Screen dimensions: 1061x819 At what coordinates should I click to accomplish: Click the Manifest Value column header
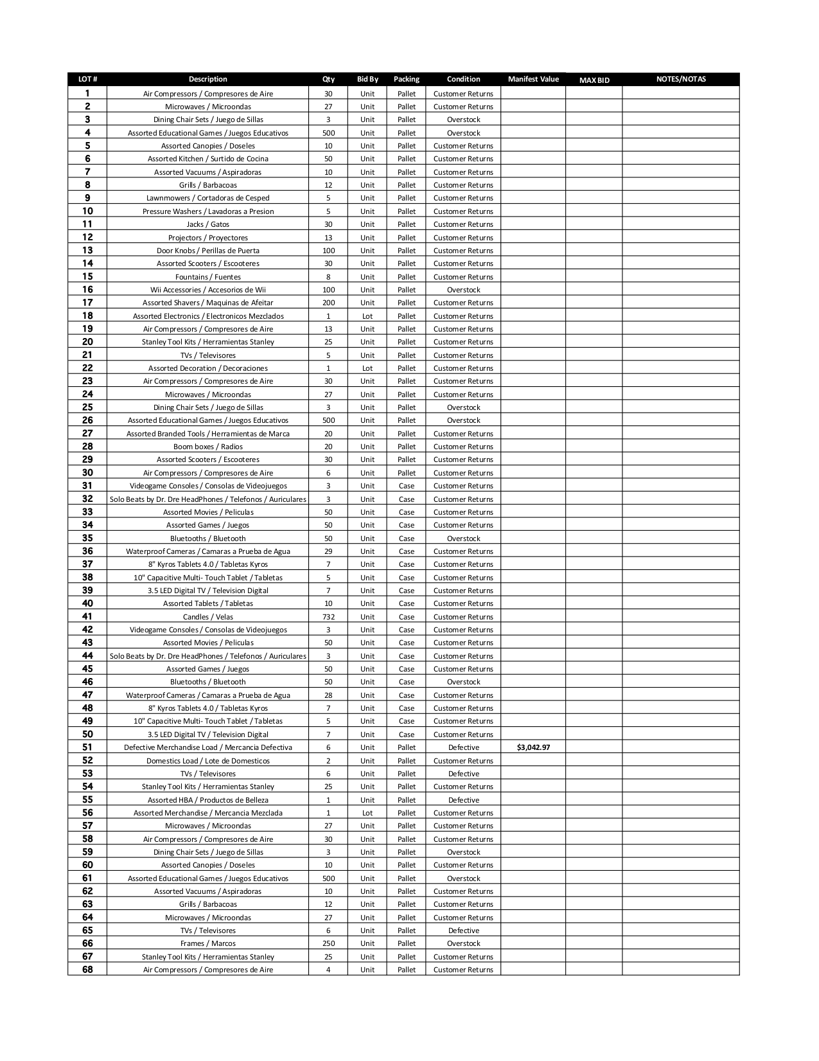pos(533,79)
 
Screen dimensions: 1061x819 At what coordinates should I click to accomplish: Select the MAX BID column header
pos(594,80)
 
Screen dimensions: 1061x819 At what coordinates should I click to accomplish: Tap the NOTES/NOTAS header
pos(681,79)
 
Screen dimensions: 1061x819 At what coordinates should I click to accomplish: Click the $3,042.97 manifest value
pos(533,747)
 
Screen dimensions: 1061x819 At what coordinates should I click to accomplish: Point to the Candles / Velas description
pos(207,617)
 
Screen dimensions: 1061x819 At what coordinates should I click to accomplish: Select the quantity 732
pos(328,617)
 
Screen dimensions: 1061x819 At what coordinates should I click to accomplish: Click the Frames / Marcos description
pos(207,943)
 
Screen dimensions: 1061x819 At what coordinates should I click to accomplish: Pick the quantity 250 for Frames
pos(328,943)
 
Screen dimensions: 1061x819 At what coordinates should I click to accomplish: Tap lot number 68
pos(87,970)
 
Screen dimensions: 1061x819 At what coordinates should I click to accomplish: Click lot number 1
pos(87,93)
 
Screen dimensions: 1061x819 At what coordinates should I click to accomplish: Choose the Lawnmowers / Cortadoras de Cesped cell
pos(207,198)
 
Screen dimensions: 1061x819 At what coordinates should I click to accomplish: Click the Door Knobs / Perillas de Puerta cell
pos(207,251)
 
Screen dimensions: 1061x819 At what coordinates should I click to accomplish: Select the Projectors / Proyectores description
pos(207,238)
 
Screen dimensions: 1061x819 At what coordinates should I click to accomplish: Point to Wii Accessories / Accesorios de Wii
pos(207,290)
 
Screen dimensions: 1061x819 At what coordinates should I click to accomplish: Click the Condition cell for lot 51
pos(463,747)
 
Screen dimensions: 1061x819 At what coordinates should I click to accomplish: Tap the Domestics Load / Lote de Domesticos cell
pos(207,761)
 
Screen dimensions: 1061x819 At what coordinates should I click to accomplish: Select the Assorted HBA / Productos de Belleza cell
pos(207,800)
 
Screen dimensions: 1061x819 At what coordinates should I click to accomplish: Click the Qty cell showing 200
pos(328,303)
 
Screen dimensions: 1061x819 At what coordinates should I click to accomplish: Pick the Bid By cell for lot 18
pos(367,316)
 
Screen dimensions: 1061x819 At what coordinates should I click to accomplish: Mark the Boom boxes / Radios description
pos(207,447)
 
